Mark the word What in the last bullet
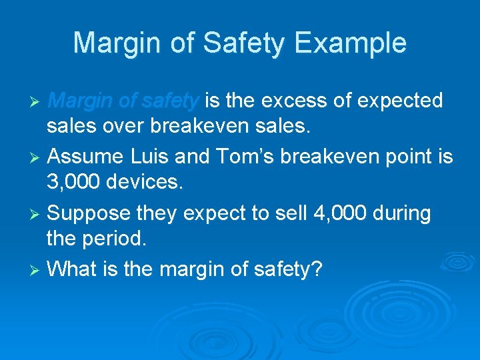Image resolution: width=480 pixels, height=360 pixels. (x=71, y=269)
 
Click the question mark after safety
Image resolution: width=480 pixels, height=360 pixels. (x=317, y=269)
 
